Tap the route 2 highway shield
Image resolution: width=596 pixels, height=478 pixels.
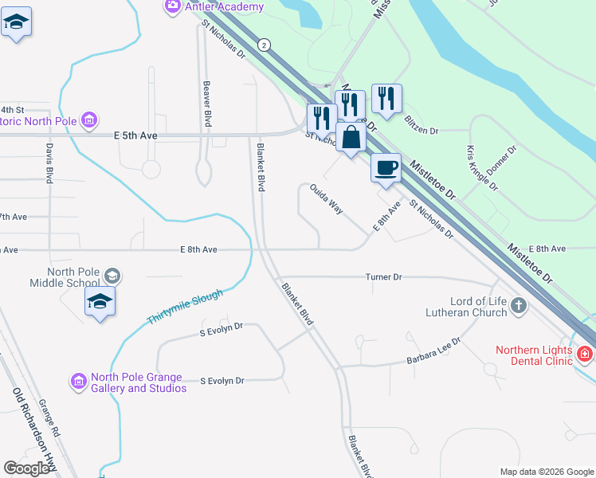[x=263, y=45]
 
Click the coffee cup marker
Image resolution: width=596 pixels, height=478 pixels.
[x=386, y=167]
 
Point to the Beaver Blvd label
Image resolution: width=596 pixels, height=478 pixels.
[x=207, y=104]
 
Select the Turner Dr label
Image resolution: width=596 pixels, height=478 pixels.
[x=383, y=276]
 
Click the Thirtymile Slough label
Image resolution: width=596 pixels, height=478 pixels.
[x=184, y=307]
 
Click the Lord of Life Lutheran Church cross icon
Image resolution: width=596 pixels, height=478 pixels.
[x=519, y=305]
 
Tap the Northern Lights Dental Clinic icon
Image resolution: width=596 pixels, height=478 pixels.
[x=584, y=353]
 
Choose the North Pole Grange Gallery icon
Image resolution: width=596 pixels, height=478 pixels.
[x=78, y=382]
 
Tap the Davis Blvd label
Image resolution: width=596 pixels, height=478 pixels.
[x=49, y=163]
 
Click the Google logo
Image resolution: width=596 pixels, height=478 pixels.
[x=27, y=469]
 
